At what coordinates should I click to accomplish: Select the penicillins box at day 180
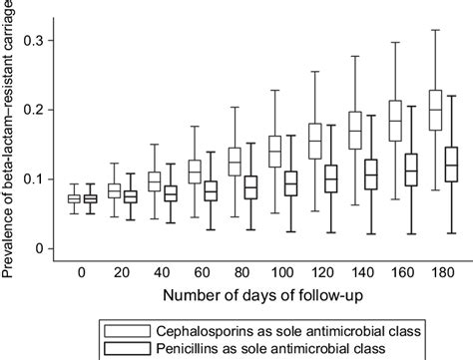pos(450,164)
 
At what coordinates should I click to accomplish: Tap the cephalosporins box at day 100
pos(273,152)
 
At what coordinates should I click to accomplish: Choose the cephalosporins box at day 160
pos(394,120)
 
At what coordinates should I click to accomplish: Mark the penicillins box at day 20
pos(129,196)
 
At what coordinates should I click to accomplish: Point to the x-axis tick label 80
pos(241,273)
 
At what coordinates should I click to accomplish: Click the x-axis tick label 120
pos(322,273)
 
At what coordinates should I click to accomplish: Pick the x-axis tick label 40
pos(162,273)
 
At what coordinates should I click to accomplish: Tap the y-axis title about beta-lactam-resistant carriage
pos(10,125)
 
